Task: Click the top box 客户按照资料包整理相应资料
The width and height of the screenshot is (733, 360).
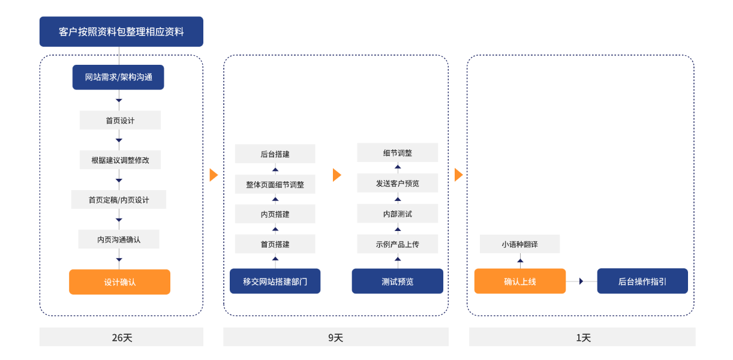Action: coord(121,32)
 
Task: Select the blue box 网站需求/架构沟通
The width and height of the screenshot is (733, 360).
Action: coord(118,77)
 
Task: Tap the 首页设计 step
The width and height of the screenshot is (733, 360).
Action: coord(120,120)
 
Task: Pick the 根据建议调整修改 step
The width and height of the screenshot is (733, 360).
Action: coord(120,160)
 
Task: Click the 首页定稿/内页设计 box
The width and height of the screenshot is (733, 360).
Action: coord(119,200)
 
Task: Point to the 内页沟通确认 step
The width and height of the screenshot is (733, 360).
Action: coord(119,239)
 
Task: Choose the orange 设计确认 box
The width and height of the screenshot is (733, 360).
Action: coord(119,282)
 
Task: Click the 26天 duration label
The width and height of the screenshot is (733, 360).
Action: coord(121,337)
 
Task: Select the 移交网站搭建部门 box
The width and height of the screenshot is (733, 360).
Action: coord(275,281)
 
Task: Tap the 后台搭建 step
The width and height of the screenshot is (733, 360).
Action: coord(275,154)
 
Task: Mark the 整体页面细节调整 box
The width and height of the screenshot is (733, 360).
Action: coord(275,184)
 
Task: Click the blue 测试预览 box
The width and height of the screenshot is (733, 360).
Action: coord(397,281)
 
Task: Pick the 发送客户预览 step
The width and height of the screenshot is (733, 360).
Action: coord(397,183)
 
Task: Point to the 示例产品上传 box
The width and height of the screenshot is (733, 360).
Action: coord(397,244)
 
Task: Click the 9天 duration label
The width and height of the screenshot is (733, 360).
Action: coord(335,337)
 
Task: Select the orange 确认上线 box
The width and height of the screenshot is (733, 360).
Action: coord(519,281)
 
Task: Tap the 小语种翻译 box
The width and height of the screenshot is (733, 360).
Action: coord(519,244)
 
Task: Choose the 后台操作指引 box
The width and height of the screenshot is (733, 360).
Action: coord(642,281)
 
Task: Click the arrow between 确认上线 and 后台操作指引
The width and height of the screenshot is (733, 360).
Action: coord(581,281)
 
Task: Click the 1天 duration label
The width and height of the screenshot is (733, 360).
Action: coord(582,337)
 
